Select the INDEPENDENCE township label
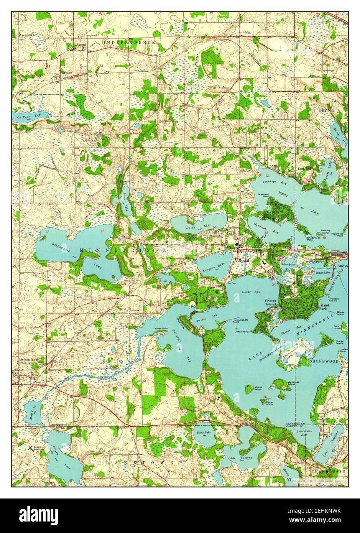(129, 42)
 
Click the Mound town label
(243, 260)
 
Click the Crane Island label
(259, 388)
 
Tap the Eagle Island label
(270, 403)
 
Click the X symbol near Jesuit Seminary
(30, 447)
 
